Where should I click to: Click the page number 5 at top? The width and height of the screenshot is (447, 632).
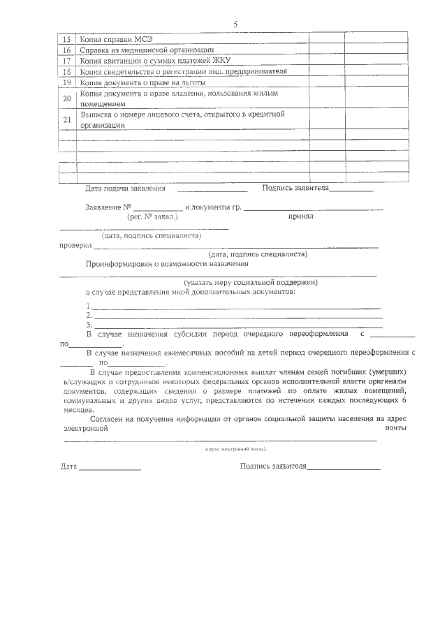[235, 24]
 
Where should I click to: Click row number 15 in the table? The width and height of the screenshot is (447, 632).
[67, 40]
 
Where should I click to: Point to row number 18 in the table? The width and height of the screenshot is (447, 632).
[67, 71]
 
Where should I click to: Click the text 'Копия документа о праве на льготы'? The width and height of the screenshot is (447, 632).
[138, 83]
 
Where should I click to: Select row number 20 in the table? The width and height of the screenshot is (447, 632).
[67, 98]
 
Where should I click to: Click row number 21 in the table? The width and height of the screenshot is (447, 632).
[67, 119]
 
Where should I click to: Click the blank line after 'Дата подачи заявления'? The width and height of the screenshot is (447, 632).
[212, 189]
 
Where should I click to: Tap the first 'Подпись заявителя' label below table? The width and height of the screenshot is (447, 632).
[295, 188]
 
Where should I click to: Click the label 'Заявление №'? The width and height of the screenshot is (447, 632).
[108, 207]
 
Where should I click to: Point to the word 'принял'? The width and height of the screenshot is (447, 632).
[301, 216]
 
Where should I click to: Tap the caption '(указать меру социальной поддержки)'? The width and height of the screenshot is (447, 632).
[251, 283]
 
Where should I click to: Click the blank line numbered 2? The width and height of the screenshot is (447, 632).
[237, 316]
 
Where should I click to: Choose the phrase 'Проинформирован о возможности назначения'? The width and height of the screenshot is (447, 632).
[167, 264]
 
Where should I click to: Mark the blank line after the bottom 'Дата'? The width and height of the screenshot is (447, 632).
[110, 468]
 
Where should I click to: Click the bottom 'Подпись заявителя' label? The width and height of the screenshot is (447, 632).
[273, 466]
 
